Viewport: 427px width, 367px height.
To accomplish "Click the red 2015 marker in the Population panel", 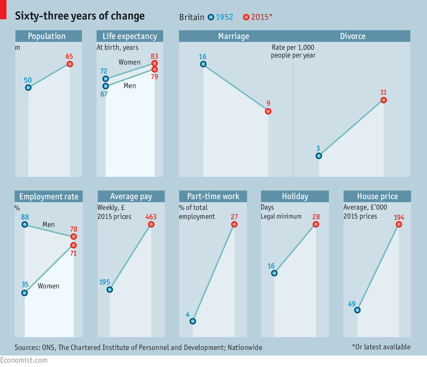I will tap(70, 64).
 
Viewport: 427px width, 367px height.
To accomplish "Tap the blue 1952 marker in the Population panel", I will tap(28, 87).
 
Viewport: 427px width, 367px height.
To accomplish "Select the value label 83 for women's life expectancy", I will tap(154, 56).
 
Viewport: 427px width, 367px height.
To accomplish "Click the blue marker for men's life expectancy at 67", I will tap(106, 86).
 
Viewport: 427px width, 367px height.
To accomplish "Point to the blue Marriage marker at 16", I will tap(203, 64).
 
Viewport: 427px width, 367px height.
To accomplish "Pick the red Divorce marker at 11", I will tap(384, 100).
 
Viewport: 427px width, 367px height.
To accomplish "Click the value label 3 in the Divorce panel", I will tap(318, 149).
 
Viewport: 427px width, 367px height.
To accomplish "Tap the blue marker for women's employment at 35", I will tap(25, 293).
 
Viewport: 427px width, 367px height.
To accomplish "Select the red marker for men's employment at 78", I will tap(74, 236).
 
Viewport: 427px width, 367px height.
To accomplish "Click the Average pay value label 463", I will tap(151, 217).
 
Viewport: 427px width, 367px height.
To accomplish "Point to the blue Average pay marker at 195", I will tap(110, 290).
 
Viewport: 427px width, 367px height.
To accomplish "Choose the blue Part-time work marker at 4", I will tap(193, 321).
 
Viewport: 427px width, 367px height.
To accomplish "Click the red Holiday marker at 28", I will tap(316, 224).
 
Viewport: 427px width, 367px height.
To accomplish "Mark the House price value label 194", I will tap(399, 217).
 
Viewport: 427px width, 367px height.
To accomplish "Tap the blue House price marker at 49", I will tap(357, 310).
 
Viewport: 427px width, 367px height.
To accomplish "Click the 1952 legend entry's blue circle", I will tap(211, 17).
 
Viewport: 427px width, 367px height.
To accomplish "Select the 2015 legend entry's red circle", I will tap(246, 17).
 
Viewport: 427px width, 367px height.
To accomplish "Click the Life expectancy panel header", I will tap(130, 36).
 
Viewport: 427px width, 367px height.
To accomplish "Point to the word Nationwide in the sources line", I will tap(245, 348).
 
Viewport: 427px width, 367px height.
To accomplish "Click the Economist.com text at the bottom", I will tap(24, 360).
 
